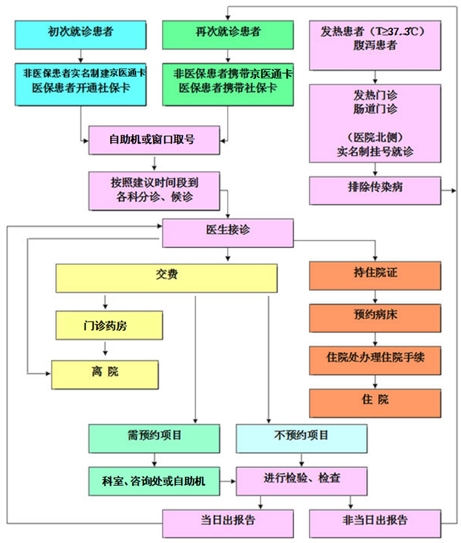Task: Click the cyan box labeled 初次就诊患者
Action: (82, 32)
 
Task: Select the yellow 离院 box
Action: (105, 372)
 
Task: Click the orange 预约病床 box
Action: (374, 317)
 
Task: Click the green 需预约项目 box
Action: (154, 437)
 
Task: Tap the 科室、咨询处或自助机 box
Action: (154, 479)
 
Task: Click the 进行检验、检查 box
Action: (301, 479)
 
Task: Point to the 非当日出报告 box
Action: (374, 521)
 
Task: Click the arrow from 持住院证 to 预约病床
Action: (374, 296)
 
